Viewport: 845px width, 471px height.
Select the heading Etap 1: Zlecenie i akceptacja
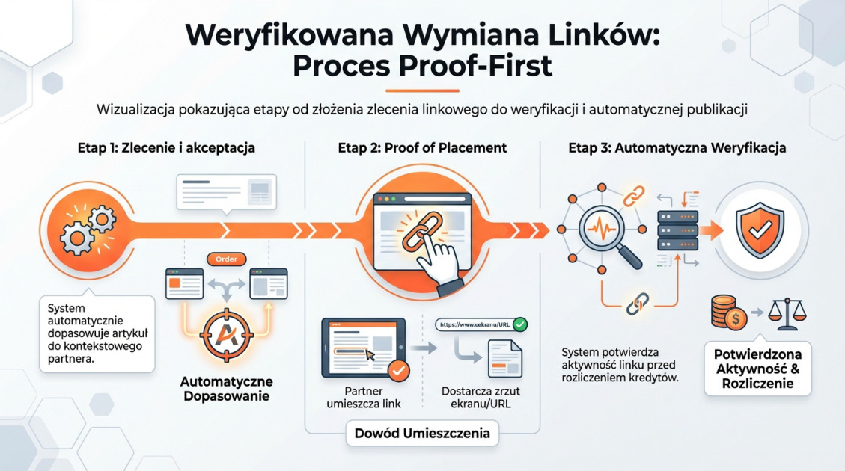click(166, 148)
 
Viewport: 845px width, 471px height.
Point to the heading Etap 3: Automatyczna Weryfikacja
click(677, 148)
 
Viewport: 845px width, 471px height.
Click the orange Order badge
click(225, 259)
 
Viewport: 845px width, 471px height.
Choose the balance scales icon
click(790, 315)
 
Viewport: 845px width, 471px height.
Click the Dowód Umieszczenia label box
click(422, 433)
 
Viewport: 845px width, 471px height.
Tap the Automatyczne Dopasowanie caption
click(226, 389)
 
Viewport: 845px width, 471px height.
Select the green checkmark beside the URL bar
click(519, 324)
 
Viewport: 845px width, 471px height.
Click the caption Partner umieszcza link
click(364, 398)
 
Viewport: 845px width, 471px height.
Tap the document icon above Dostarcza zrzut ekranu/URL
click(505, 358)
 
